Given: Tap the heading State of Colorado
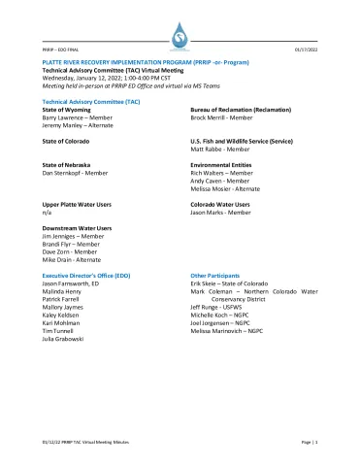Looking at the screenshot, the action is tap(69, 141).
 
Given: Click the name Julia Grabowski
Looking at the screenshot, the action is tap(72, 339).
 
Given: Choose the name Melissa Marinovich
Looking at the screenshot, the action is tap(219, 332).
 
